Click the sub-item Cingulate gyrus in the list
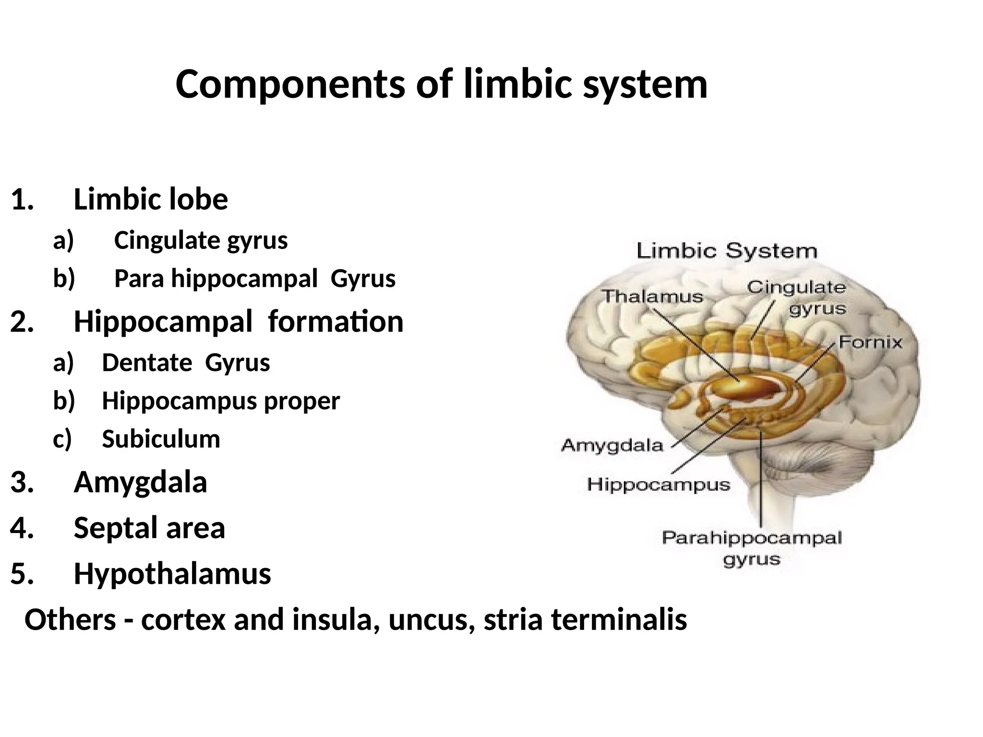201,240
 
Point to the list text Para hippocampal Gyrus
254,278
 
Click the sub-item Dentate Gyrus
186,362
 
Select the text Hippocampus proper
221,401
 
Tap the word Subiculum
161,439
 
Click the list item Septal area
149,527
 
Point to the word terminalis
619,619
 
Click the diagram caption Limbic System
726,251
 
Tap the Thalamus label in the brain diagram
652,296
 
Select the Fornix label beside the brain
870,342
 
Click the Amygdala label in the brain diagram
612,445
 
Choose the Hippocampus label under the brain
658,485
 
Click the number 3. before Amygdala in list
22,482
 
